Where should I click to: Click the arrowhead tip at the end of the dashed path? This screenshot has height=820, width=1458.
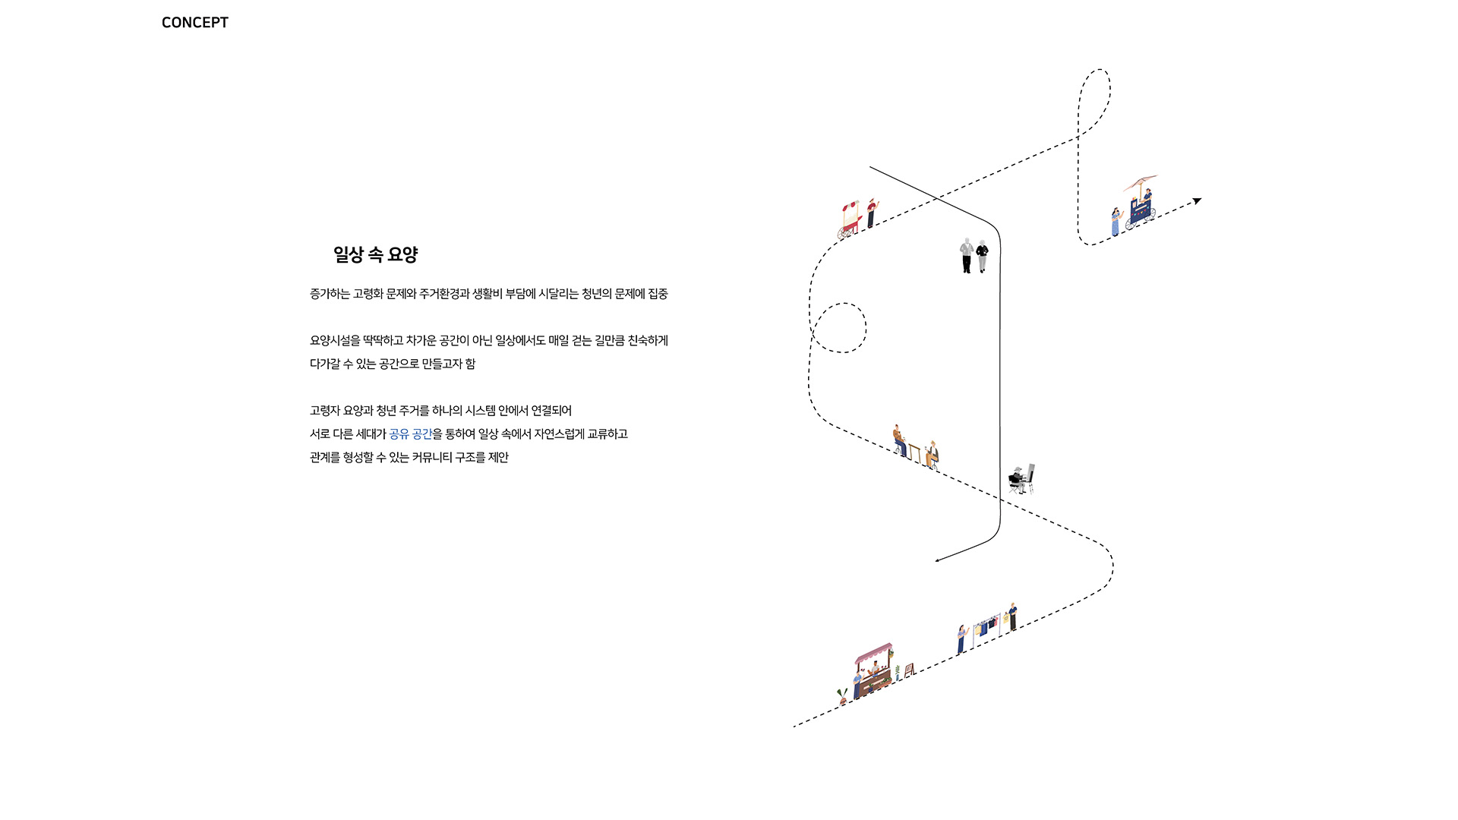(x=1201, y=199)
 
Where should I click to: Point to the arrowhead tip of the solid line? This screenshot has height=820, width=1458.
(x=936, y=561)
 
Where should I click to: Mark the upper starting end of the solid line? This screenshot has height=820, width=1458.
(x=870, y=167)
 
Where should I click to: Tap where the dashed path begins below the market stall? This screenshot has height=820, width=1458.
(x=794, y=727)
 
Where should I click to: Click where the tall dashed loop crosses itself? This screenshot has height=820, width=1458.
(x=1078, y=137)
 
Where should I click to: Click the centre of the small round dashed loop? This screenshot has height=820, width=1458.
(x=840, y=328)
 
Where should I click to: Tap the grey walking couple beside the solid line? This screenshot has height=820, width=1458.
(x=974, y=256)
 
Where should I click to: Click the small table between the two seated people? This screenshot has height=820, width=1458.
(x=915, y=453)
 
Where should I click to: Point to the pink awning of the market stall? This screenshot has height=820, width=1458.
(x=874, y=653)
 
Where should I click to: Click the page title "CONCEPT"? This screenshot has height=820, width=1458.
(x=195, y=23)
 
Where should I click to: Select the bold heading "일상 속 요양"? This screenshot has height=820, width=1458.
(x=376, y=254)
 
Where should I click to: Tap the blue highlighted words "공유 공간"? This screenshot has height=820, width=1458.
(x=411, y=434)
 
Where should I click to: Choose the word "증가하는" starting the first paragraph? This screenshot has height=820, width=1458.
(x=330, y=294)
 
